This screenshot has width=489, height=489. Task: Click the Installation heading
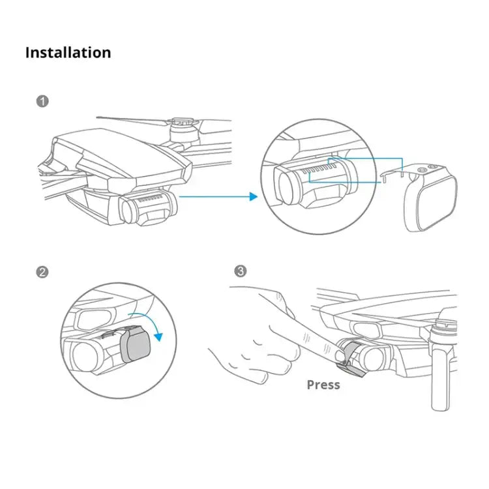(x=68, y=53)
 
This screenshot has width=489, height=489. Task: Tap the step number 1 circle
(x=42, y=102)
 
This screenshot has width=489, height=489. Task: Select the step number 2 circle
(x=42, y=272)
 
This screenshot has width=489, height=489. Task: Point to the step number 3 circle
(x=241, y=271)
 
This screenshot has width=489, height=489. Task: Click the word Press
(x=323, y=385)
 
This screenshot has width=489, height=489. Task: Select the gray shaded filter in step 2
(x=136, y=344)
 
